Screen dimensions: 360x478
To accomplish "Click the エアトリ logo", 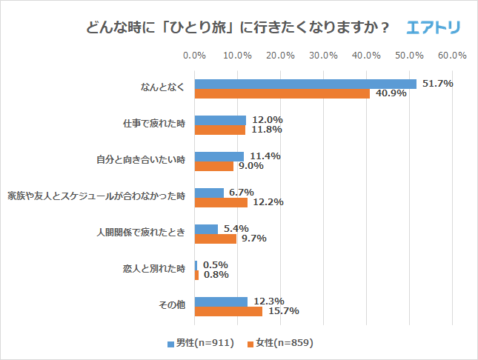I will pyautogui.click(x=434, y=28).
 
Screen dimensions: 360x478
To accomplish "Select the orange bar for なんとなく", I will pyautogui.click(x=282, y=93).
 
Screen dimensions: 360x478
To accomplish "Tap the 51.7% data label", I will pyautogui.click(x=437, y=84).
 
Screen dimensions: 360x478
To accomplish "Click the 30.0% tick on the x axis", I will pyautogui.click(x=323, y=56).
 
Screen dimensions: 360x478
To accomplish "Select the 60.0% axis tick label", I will pyautogui.click(x=452, y=56).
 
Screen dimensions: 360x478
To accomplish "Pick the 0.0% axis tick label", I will pyautogui.click(x=194, y=56).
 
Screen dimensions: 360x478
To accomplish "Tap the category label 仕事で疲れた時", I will pyautogui.click(x=153, y=124).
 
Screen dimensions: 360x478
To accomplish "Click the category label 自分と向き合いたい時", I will pyautogui.click(x=141, y=160).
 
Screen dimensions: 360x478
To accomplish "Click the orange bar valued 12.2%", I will pyautogui.click(x=221, y=202).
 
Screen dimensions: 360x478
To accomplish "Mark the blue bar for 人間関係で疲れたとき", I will pyautogui.click(x=206, y=229).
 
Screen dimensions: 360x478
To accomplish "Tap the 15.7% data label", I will pyautogui.click(x=283, y=311).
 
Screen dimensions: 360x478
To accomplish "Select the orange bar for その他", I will pyautogui.click(x=228, y=311).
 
